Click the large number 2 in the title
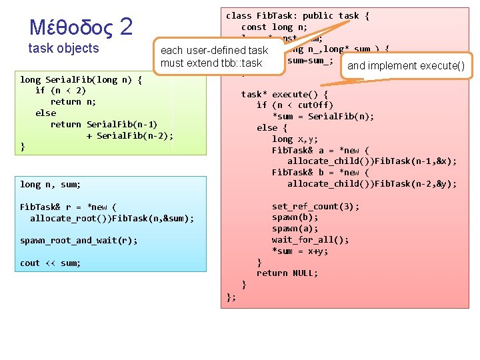click(x=127, y=27)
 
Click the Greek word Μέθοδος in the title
click(x=71, y=28)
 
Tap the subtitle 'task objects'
click(x=63, y=49)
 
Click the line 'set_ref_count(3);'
click(x=315, y=206)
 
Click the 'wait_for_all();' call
click(x=310, y=240)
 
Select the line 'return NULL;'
click(x=287, y=273)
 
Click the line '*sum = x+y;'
click(x=300, y=251)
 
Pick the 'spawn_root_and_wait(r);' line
click(x=79, y=240)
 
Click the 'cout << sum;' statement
click(x=50, y=263)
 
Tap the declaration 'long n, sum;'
click(x=50, y=184)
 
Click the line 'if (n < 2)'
click(x=60, y=91)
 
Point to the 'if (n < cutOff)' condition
click(x=295, y=105)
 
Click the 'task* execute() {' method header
click(x=284, y=94)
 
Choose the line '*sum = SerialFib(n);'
click(x=323, y=117)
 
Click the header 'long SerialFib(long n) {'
click(x=81, y=79)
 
